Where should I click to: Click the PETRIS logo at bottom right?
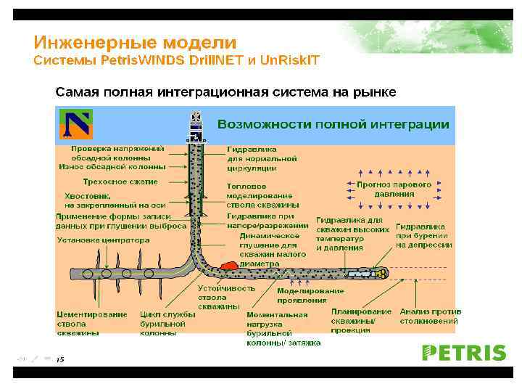click(464, 353)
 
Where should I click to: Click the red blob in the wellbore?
click(231, 266)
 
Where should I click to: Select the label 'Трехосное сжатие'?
click(120, 181)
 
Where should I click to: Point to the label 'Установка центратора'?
click(103, 240)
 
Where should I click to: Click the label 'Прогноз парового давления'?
click(394, 189)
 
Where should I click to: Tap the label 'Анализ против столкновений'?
click(430, 316)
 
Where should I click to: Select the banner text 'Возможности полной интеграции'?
click(333, 124)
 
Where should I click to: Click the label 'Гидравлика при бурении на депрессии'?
click(424, 235)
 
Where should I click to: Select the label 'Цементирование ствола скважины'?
click(92, 324)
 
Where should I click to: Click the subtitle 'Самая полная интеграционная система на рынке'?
click(226, 92)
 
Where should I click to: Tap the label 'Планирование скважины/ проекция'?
click(361, 321)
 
